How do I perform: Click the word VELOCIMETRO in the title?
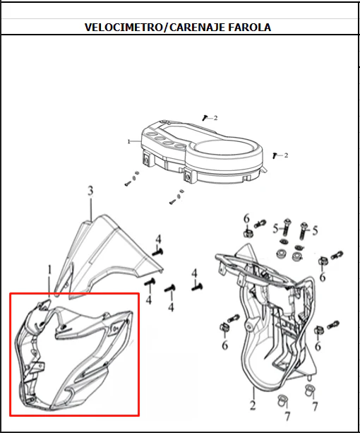coord(124,28)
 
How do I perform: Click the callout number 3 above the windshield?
coord(90,191)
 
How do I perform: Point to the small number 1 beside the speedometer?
coord(128,142)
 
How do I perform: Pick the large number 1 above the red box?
coord(49,270)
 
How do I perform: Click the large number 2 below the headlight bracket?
coord(253,405)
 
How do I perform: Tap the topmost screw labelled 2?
coord(205,118)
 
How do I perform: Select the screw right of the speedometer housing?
coord(275,155)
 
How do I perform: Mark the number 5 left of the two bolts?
coord(275,229)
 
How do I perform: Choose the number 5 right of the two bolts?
coord(315,230)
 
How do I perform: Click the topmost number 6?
coord(246,219)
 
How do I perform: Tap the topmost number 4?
coord(158,239)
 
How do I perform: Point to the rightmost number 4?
coord(195,273)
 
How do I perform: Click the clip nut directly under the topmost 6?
coord(247,233)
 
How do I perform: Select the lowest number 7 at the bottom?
coord(287,416)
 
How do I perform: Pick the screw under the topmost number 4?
coord(158,252)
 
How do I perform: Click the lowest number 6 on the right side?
coord(318,345)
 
